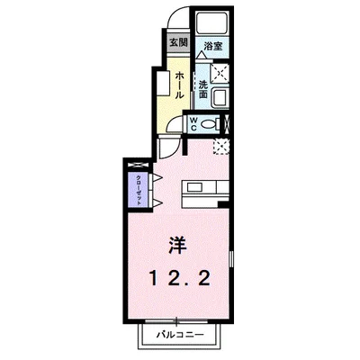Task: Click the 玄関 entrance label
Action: point(177,42)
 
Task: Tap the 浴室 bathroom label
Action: point(212,44)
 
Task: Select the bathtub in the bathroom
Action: point(212,25)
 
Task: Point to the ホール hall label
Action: point(181,82)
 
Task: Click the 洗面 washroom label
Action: point(204,90)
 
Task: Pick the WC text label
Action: point(193,123)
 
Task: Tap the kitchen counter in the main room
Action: point(206,187)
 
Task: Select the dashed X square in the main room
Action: point(221,147)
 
